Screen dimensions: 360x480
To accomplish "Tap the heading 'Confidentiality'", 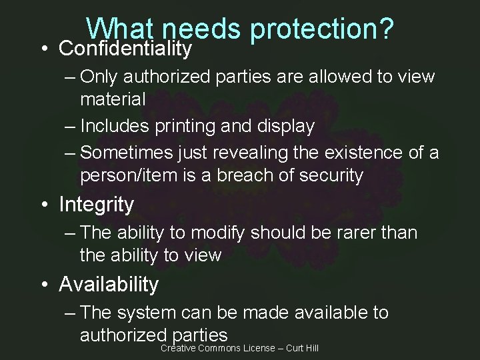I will click(125, 49).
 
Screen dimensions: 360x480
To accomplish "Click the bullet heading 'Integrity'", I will click(96, 205).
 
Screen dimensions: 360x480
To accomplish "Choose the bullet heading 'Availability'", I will click(109, 285).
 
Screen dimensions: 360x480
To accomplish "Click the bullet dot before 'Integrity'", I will click(43, 205).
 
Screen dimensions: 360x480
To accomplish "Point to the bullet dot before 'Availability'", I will click(43, 285).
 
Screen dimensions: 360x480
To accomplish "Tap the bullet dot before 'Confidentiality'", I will click(43, 49).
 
